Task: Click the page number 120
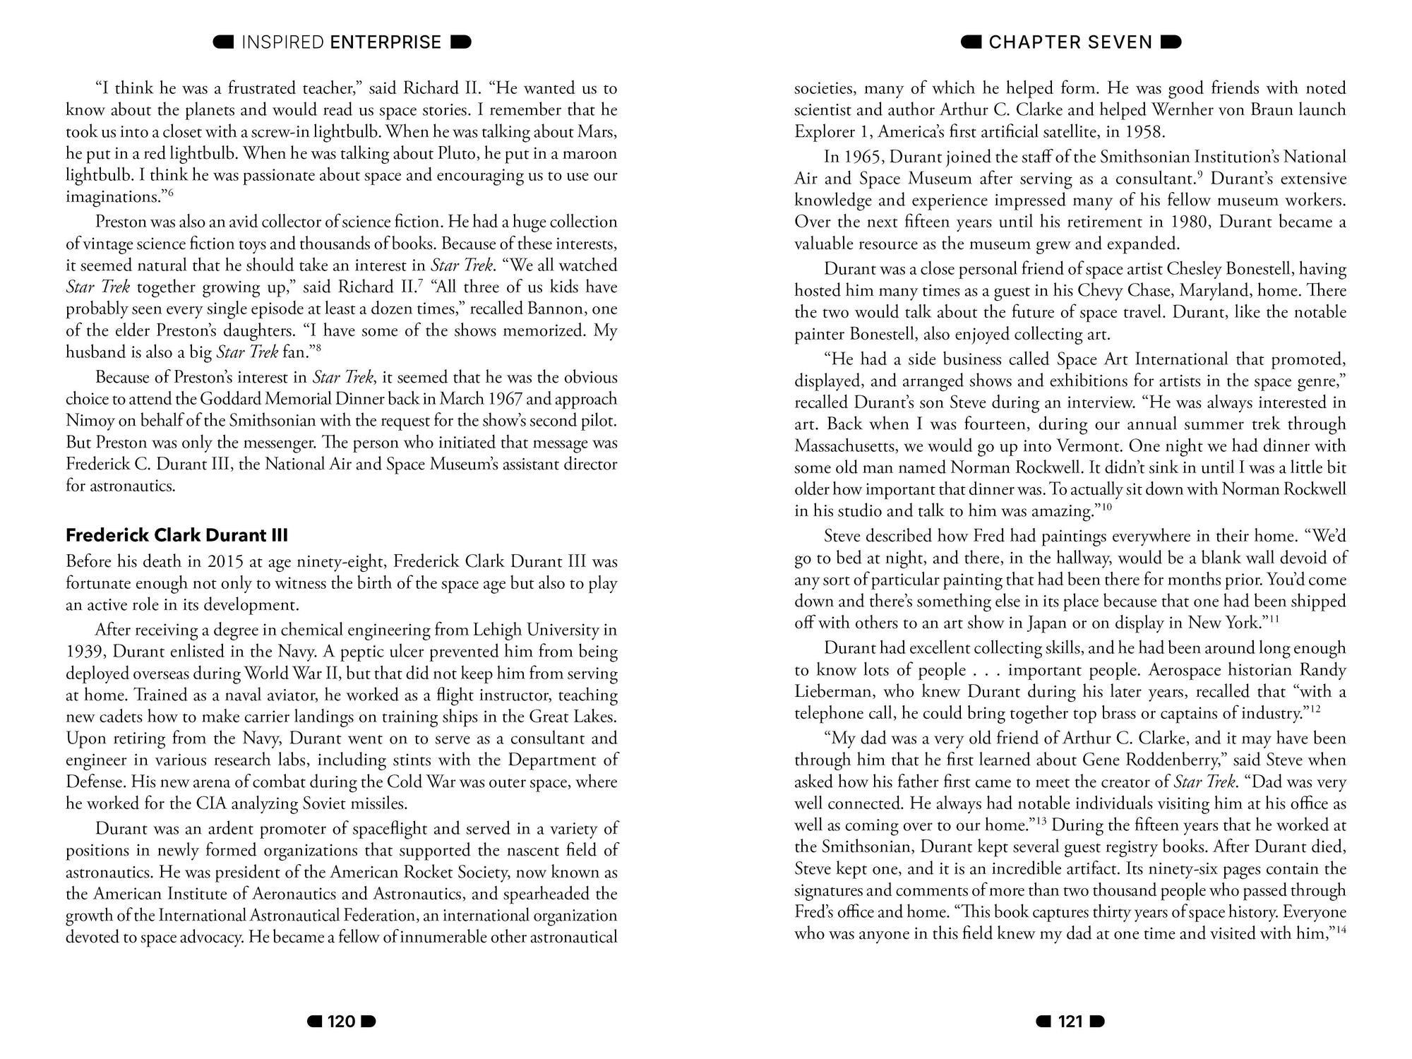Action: click(342, 1022)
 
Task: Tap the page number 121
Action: click(1070, 1022)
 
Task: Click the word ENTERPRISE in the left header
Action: click(385, 42)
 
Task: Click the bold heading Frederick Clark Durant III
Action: click(176, 535)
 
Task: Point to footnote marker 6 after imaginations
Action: click(170, 193)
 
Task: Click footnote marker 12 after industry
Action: click(1315, 709)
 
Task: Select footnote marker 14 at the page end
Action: click(1342, 929)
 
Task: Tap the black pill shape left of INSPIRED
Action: click(224, 42)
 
